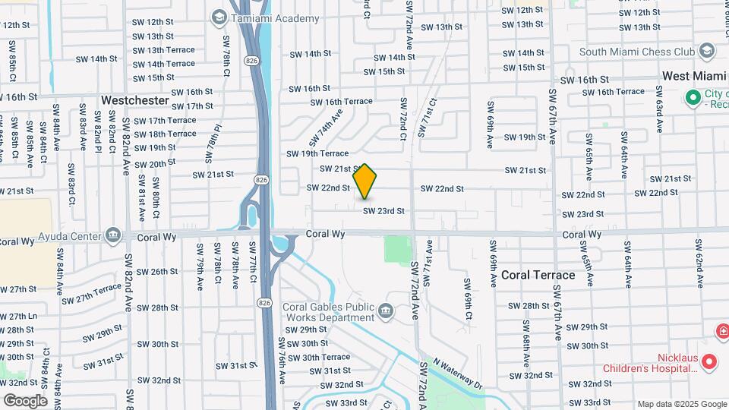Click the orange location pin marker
click(365, 181)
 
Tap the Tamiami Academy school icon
click(219, 17)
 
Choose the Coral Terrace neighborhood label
click(538, 275)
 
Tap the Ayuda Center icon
click(114, 235)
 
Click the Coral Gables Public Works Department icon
click(387, 310)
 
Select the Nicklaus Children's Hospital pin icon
click(709, 361)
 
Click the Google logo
click(25, 400)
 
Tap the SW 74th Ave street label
click(326, 127)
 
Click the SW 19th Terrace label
click(317, 153)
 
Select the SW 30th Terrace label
click(318, 357)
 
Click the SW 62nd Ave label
click(698, 258)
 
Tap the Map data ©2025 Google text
click(681, 404)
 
